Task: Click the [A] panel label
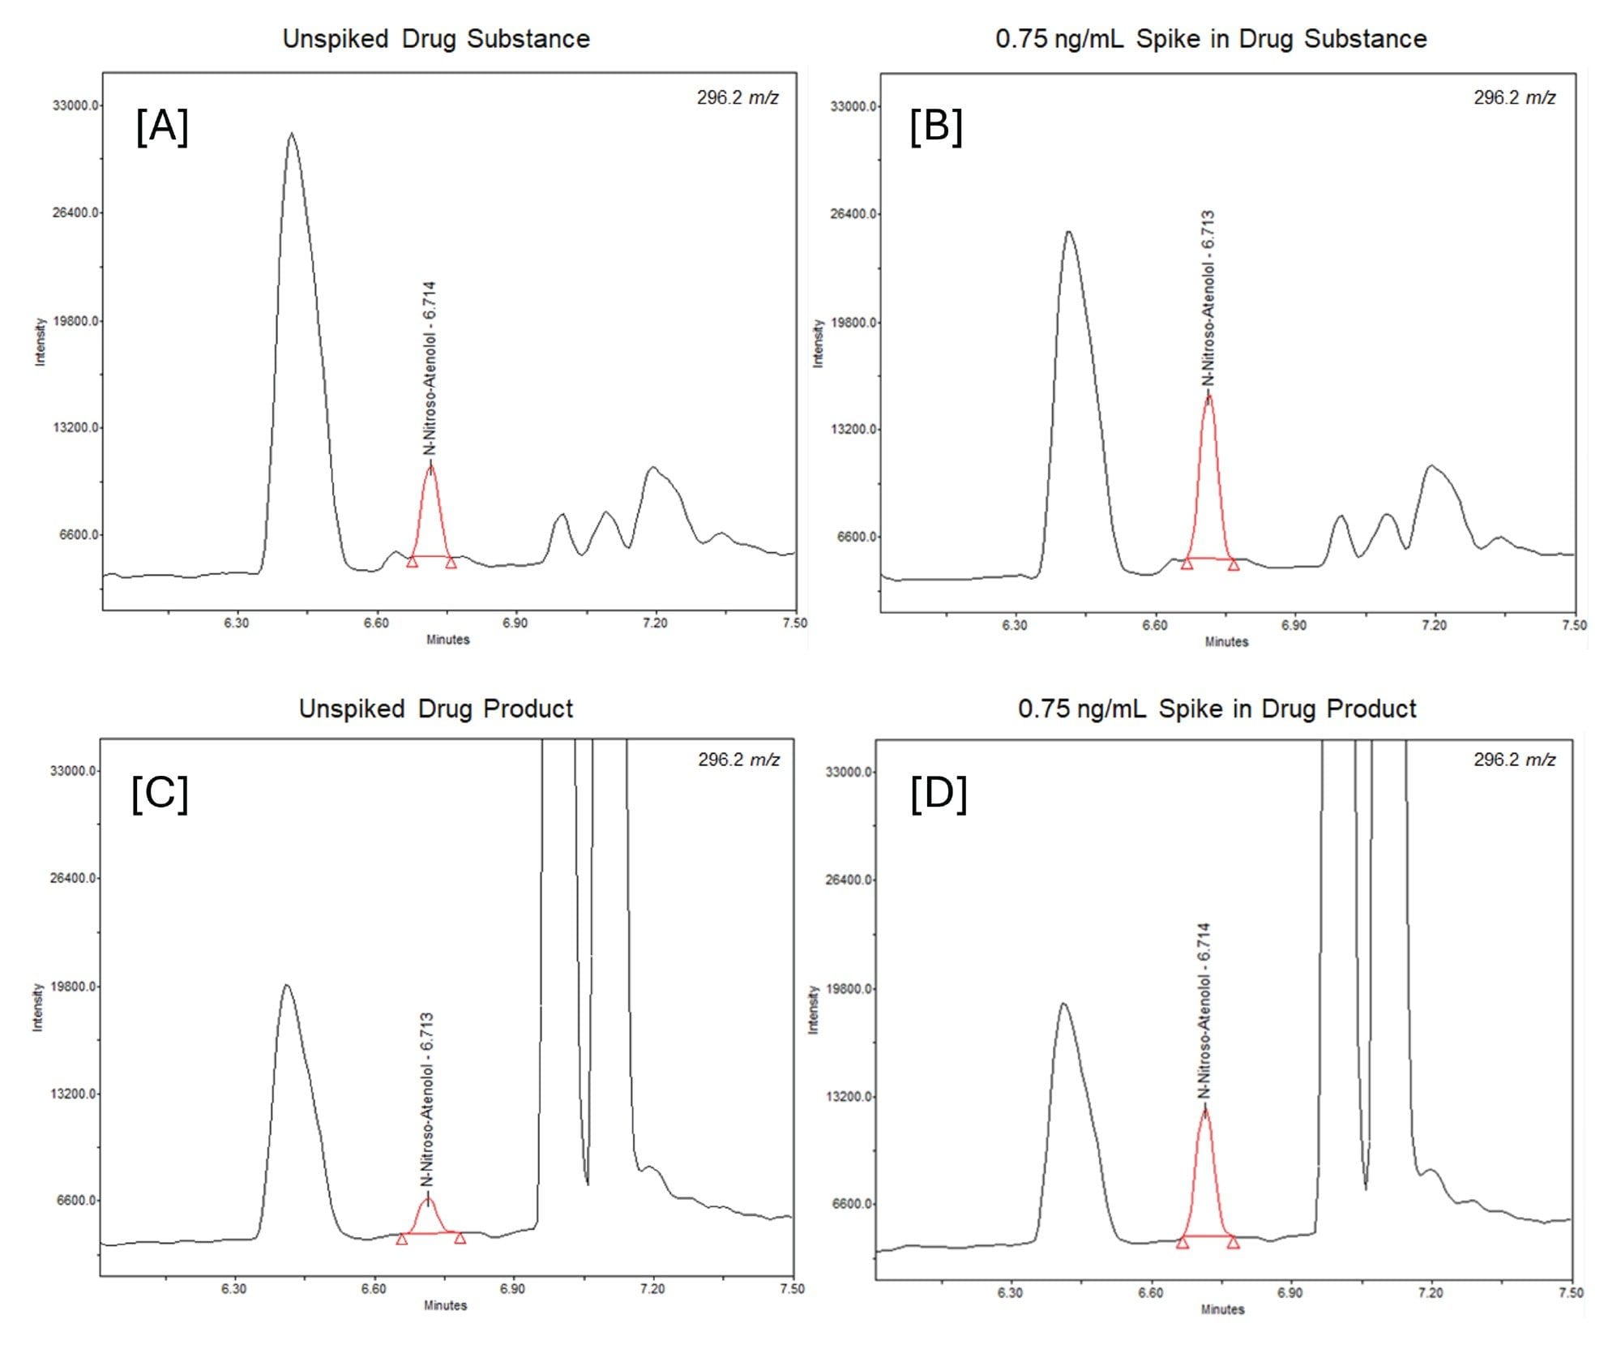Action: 162,127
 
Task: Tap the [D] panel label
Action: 939,794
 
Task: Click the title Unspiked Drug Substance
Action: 436,39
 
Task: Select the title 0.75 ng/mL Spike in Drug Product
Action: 1217,709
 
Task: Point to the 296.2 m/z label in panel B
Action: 1514,98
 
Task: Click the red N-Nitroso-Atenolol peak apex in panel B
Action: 1208,396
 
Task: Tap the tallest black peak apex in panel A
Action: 291,134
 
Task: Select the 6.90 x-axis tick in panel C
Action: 512,1288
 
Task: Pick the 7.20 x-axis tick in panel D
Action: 1431,1292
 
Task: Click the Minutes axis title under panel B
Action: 1226,641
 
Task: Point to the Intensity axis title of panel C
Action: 37,1008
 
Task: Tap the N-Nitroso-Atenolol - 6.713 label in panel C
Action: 427,1098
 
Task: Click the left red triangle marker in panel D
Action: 1182,1243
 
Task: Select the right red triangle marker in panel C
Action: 460,1238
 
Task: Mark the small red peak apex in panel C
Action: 428,1198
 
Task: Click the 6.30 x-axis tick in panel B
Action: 1015,625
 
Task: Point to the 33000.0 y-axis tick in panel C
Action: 74,770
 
